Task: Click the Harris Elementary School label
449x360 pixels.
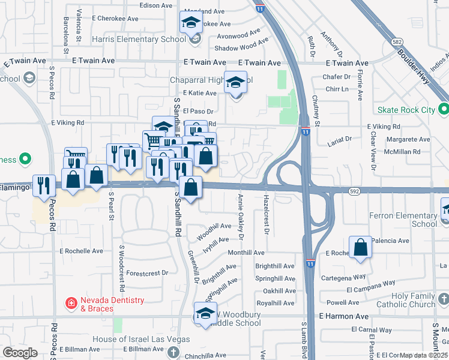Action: point(139,40)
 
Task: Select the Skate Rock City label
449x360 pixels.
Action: point(406,110)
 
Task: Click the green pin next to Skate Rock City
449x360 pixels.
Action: point(444,110)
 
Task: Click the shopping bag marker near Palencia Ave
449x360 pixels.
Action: point(360,248)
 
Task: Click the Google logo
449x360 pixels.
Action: point(20,353)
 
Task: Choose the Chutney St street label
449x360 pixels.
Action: point(318,115)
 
